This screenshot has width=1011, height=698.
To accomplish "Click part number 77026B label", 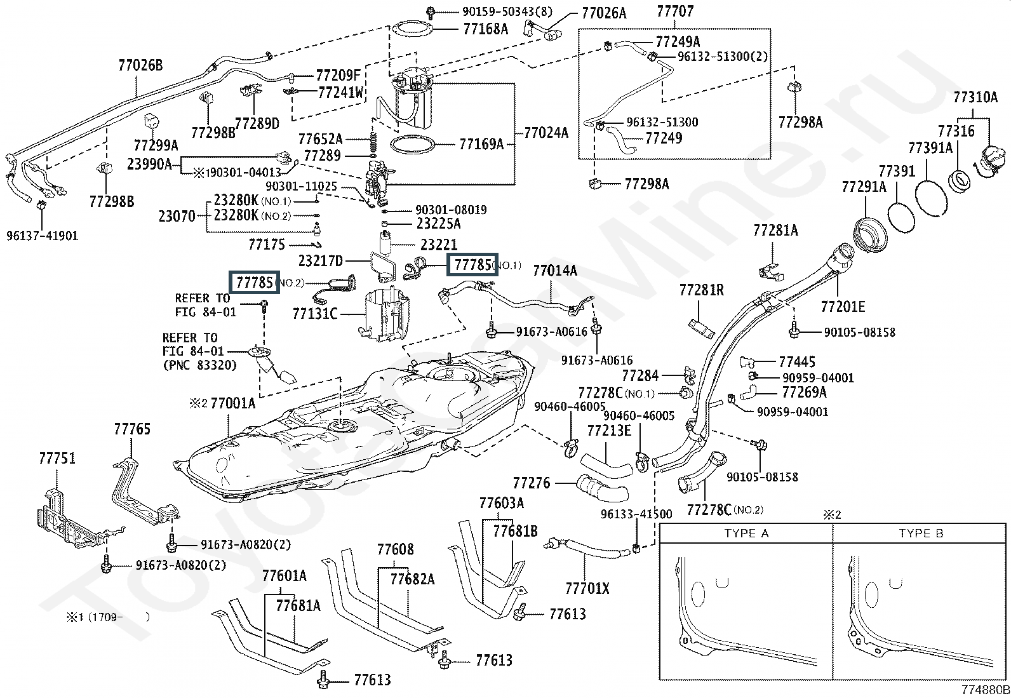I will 140,65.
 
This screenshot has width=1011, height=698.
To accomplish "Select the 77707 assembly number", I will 675,12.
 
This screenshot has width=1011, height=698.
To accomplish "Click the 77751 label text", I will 57,458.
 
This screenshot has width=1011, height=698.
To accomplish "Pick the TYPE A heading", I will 746,534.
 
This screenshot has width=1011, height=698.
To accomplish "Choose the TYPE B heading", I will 921,534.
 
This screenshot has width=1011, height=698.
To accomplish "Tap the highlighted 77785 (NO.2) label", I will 254,283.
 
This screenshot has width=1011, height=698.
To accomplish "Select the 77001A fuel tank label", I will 232,403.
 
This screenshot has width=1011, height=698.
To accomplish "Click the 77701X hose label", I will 587,589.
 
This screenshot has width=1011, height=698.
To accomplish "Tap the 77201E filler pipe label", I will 843,307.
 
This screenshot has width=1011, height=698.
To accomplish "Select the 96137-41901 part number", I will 42,236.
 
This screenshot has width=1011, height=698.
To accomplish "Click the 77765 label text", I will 132,429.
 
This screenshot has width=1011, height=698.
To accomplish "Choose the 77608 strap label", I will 395,549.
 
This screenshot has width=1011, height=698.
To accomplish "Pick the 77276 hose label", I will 532,483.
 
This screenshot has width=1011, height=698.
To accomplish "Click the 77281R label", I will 701,290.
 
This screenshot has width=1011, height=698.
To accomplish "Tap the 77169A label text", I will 481,144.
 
